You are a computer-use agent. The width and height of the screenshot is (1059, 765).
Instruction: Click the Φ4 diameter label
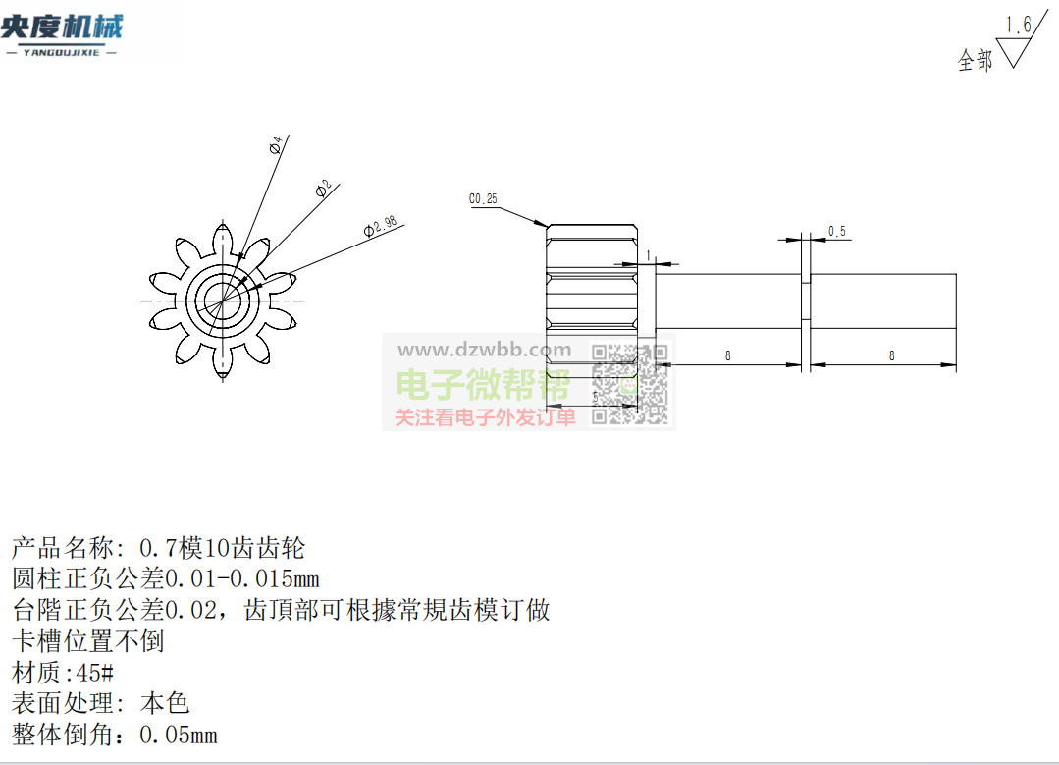(x=276, y=145)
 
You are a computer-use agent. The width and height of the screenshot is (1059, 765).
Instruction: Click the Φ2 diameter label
(x=324, y=189)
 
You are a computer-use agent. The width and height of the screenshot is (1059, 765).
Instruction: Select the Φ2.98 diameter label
(x=380, y=226)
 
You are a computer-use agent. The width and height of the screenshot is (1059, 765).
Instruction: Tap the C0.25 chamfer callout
(x=483, y=198)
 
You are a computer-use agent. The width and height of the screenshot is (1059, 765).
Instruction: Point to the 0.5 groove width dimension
(x=837, y=231)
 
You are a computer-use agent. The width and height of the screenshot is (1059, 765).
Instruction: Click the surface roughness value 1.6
(x=1018, y=25)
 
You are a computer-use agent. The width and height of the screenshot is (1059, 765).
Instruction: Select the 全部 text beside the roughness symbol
(x=975, y=61)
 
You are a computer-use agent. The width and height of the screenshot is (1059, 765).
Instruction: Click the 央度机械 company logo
(x=62, y=33)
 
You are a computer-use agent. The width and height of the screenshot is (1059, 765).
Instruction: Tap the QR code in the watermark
(x=629, y=384)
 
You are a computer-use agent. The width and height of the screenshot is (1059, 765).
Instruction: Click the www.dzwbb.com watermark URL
(x=484, y=350)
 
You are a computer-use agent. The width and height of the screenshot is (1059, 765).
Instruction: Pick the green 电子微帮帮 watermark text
(x=483, y=385)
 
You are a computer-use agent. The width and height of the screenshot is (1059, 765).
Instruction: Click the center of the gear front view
(x=223, y=301)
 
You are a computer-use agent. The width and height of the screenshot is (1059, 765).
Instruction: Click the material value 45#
(x=95, y=673)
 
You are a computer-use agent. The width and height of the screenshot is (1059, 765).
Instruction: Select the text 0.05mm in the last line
(x=179, y=735)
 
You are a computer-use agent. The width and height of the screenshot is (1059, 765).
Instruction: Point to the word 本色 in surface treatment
(x=165, y=703)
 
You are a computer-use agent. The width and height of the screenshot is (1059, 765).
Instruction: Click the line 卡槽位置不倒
(x=87, y=640)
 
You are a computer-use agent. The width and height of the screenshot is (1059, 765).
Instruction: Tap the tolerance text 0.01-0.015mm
(x=242, y=578)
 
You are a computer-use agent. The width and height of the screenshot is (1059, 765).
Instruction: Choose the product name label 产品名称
(x=62, y=548)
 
